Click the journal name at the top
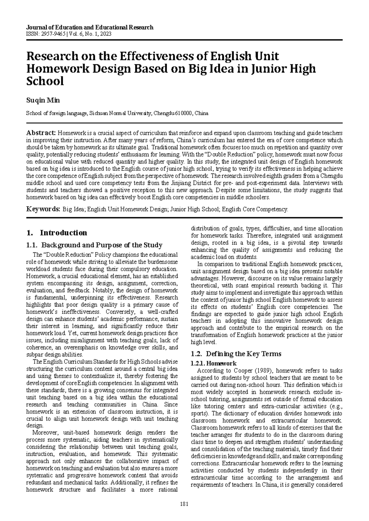90,27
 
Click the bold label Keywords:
43,210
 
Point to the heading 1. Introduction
57,233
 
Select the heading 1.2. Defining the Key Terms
236,354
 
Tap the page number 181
184,504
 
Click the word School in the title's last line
45,81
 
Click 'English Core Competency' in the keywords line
255,210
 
